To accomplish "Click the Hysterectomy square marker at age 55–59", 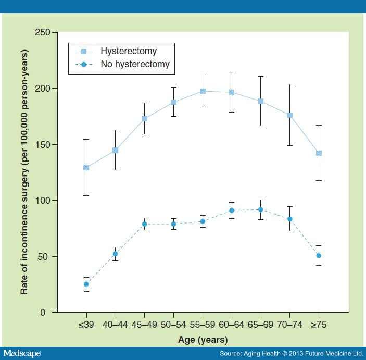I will pyautogui.click(x=203, y=91).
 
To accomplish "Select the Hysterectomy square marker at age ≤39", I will pyautogui.click(x=86, y=168).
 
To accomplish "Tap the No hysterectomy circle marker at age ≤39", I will pyautogui.click(x=86, y=284).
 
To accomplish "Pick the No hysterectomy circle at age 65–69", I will pyautogui.click(x=261, y=210).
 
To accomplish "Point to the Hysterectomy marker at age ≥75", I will pyautogui.click(x=319, y=153).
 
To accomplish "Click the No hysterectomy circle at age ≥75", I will pyautogui.click(x=319, y=256).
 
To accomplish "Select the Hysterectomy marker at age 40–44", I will pyautogui.click(x=115, y=150).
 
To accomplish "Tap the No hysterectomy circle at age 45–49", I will pyautogui.click(x=144, y=224).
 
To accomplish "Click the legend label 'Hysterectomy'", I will pyautogui.click(x=129, y=51).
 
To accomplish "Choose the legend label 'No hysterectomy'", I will pyautogui.click(x=135, y=66).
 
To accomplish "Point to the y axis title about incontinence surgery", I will pyautogui.click(x=24, y=172).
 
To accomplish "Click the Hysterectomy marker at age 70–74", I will pyautogui.click(x=289, y=115).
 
